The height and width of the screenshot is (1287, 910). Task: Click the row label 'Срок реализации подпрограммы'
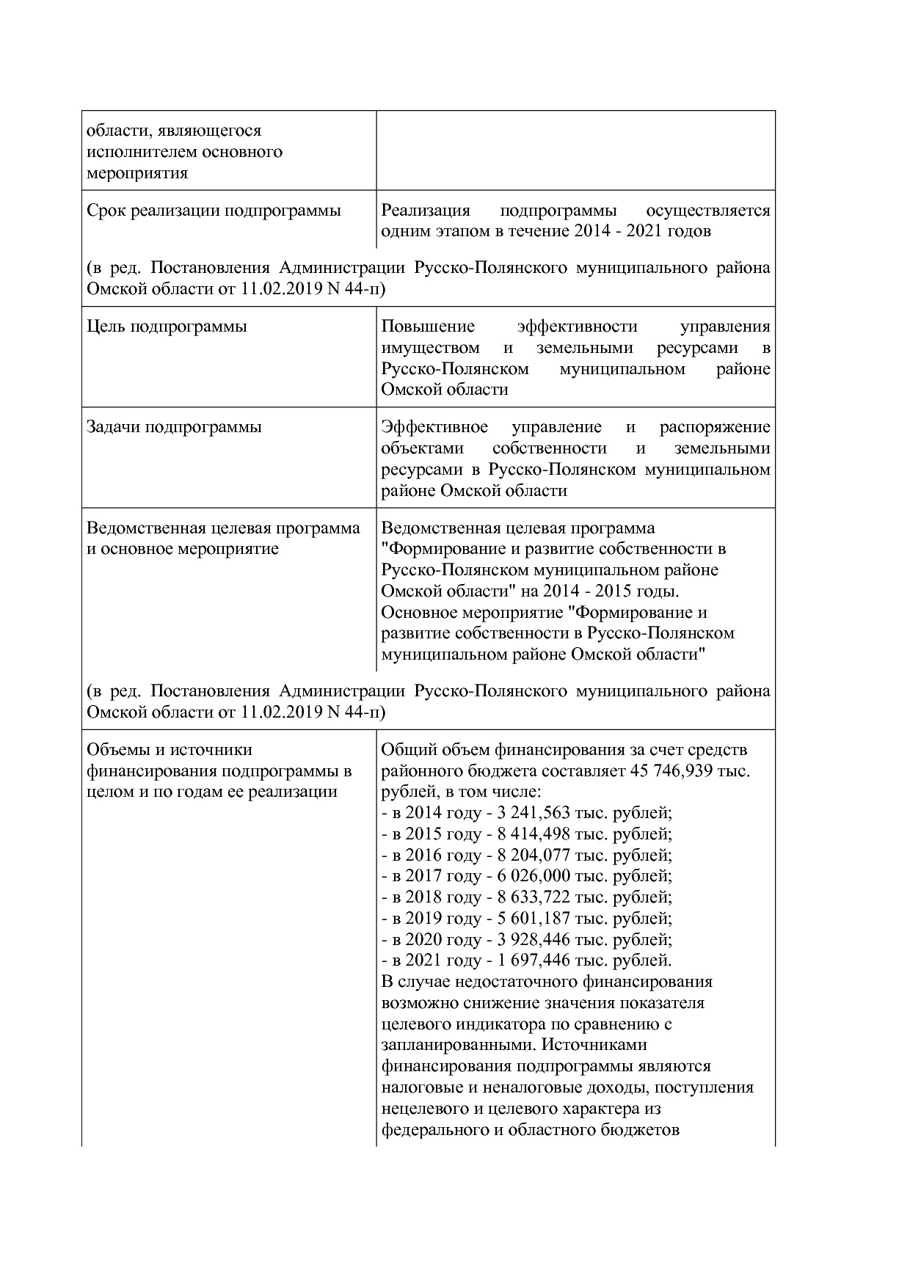(214, 211)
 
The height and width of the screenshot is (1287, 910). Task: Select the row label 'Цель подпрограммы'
(167, 327)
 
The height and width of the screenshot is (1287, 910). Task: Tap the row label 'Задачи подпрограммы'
(174, 427)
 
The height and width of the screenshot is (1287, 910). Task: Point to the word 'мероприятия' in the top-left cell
(137, 173)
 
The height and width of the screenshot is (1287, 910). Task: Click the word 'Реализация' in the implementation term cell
(425, 211)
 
